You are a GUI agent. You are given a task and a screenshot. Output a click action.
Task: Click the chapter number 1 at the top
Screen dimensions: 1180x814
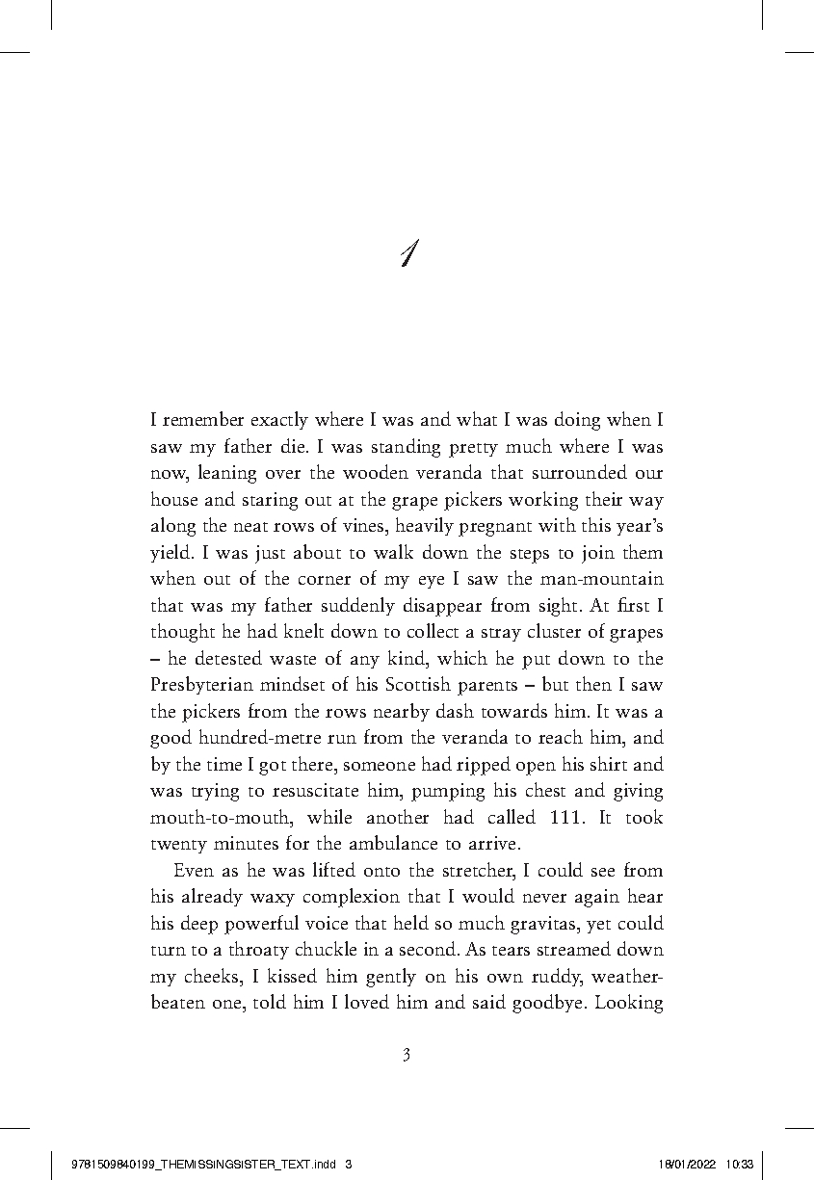click(x=408, y=253)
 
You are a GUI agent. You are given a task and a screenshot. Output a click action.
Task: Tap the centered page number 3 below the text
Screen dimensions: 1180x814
click(x=407, y=1055)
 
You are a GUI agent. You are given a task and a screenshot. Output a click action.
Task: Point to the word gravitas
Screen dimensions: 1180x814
click(x=534, y=923)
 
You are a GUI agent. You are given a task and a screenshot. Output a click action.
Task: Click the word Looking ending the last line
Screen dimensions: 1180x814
click(x=629, y=1002)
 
